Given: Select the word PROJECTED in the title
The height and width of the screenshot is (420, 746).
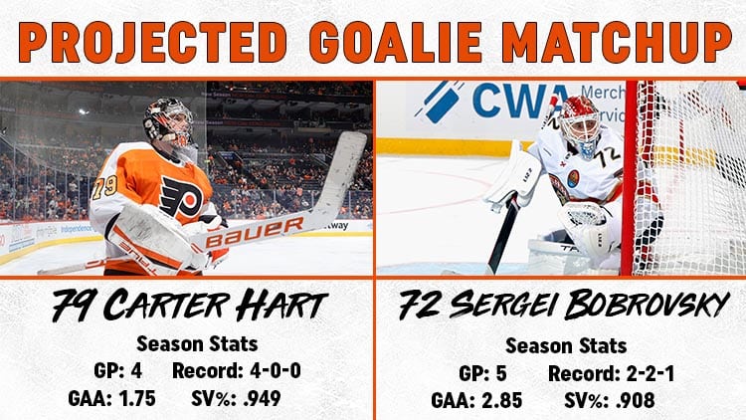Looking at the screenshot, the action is (153, 42).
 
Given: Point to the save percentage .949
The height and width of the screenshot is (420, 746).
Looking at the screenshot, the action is (262, 398).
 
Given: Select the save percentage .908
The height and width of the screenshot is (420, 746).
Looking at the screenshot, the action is (636, 400).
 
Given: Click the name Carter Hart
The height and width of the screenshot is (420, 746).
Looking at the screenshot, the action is (216, 305).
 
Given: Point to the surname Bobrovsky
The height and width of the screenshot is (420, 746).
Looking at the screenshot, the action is (647, 305).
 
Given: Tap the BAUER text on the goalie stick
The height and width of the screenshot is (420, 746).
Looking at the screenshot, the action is (255, 232).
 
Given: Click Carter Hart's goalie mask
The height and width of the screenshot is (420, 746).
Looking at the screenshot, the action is (169, 122).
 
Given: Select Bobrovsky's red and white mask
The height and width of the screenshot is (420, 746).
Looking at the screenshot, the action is (581, 123).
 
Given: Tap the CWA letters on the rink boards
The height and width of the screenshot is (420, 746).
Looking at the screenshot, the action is (522, 101).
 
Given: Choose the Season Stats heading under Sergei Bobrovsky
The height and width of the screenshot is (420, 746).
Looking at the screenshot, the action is (566, 345).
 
